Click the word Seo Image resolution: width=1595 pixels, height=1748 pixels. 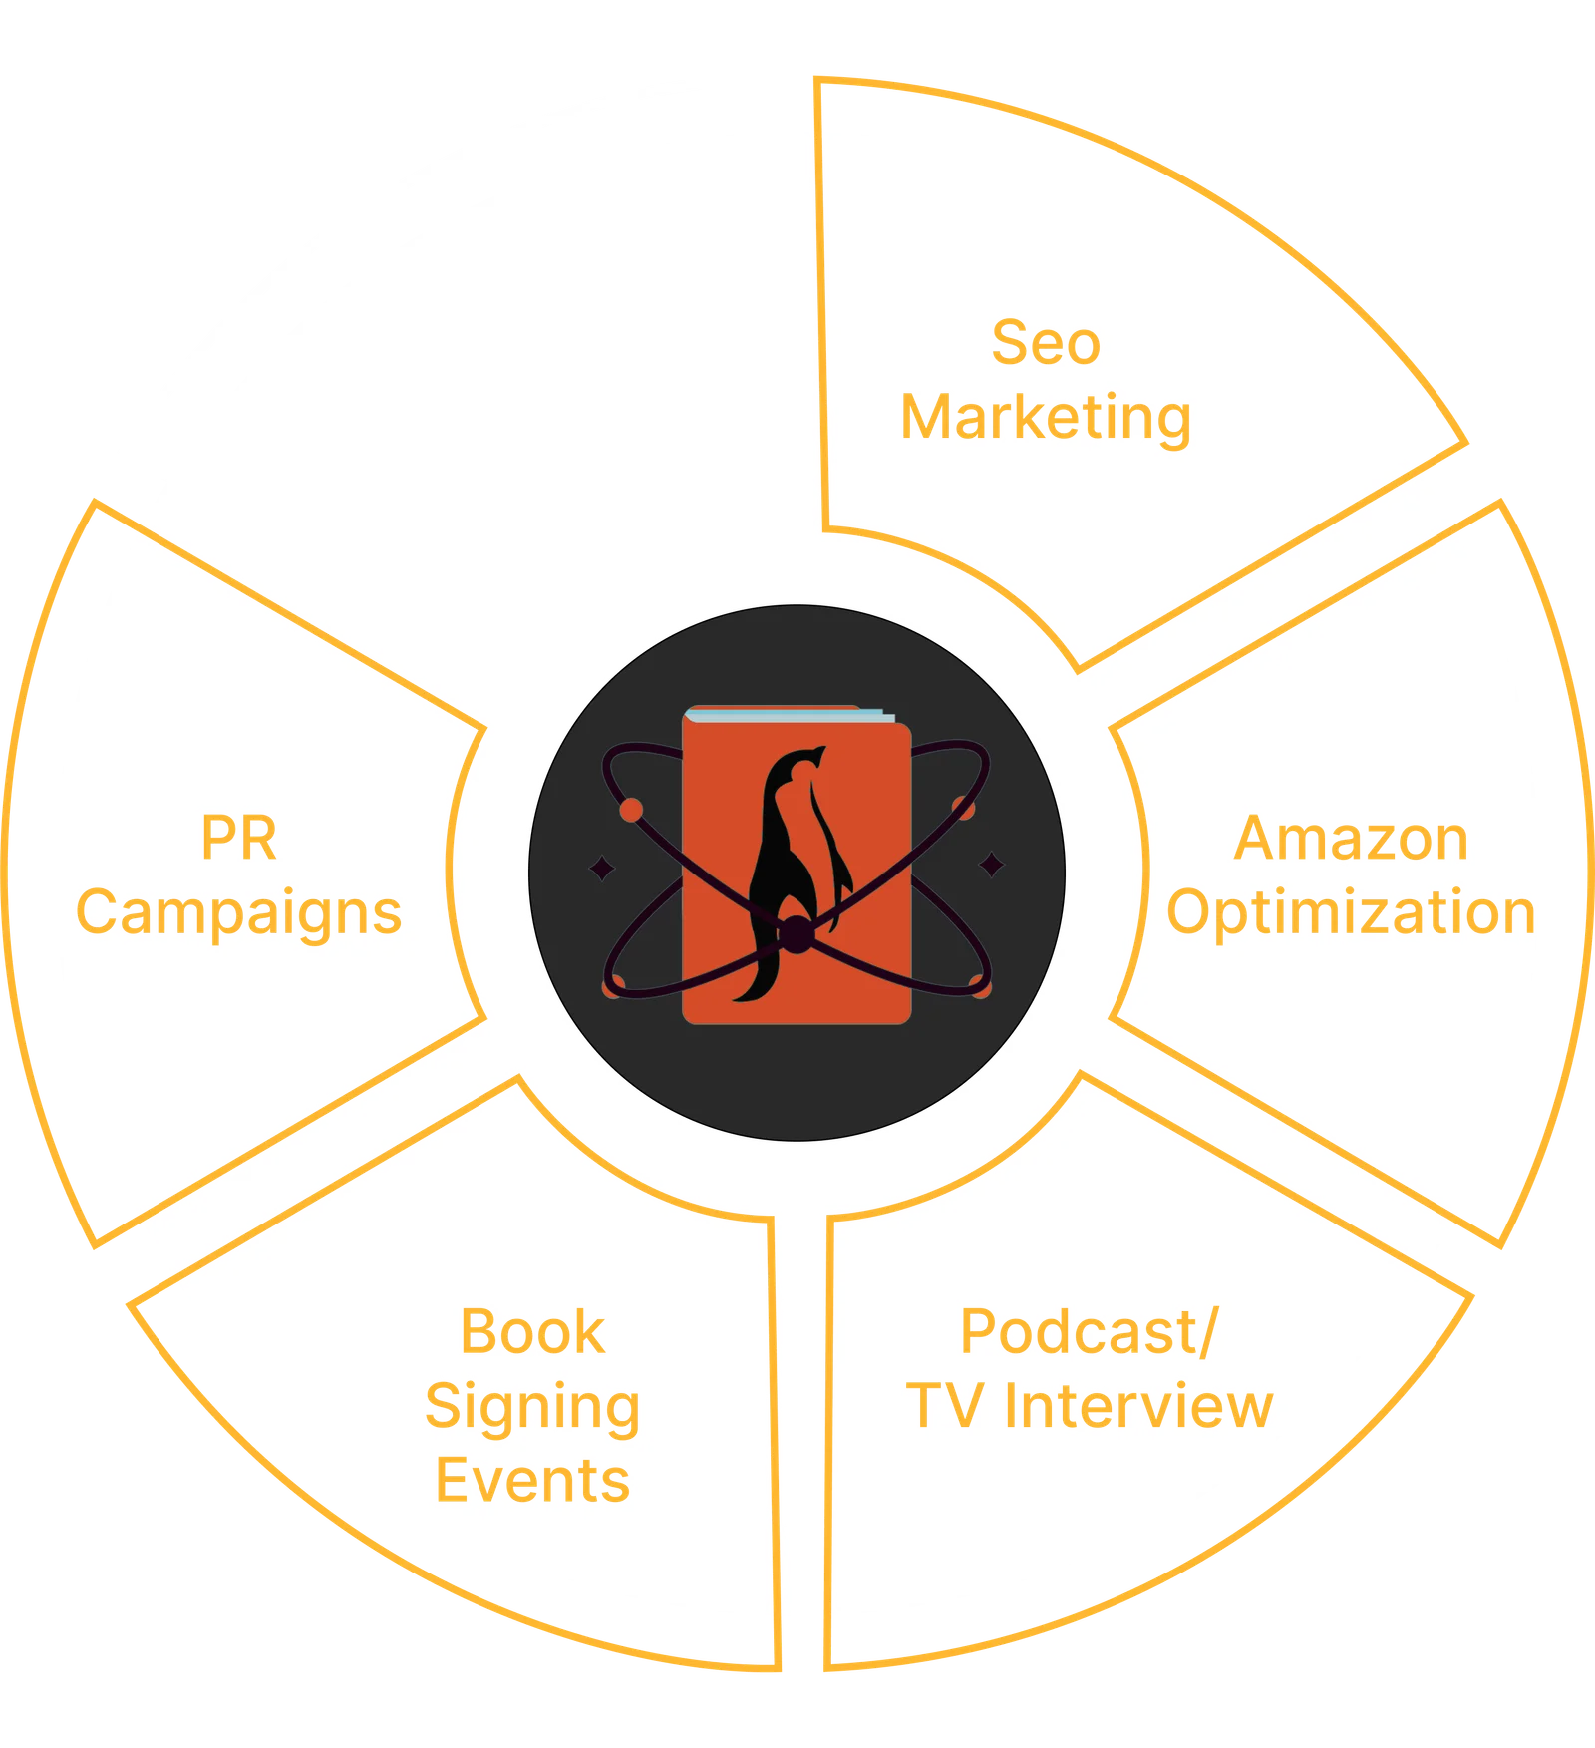(1046, 343)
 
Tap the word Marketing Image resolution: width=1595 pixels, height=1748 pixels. (1046, 417)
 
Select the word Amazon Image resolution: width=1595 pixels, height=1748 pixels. (1351, 839)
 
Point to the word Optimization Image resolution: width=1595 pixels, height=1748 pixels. (1351, 912)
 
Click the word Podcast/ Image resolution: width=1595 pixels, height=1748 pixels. (1089, 1332)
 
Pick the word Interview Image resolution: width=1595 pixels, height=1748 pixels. (1138, 1406)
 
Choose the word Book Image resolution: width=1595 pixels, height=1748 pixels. (532, 1332)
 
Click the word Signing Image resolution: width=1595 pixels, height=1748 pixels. (532, 1408)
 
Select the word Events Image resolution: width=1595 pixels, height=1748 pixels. (532, 1480)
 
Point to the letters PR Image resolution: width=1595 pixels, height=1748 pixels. (238, 839)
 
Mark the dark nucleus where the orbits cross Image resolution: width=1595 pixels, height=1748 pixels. (797, 935)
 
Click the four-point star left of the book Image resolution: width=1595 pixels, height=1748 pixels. (602, 870)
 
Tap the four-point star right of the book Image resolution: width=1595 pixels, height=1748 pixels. (991, 865)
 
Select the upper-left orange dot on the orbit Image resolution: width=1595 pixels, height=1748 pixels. (631, 810)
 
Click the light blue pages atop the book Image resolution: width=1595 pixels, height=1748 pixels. (788, 714)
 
